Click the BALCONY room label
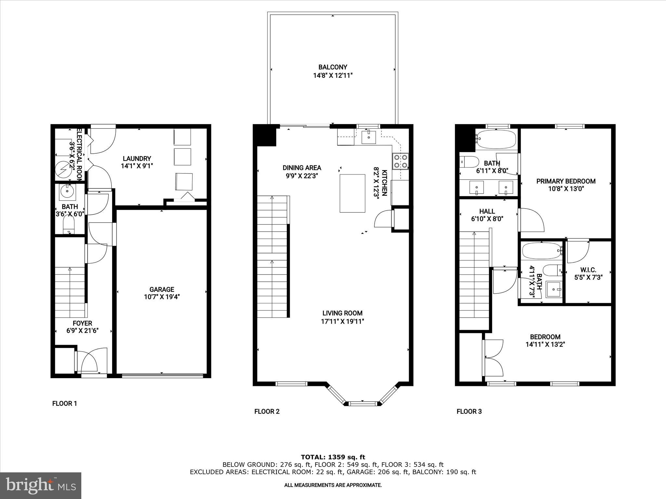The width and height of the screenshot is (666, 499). pyautogui.click(x=332, y=67)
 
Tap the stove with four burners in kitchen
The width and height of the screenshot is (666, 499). pyautogui.click(x=400, y=161)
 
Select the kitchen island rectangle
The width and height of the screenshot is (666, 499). pyautogui.click(x=352, y=193)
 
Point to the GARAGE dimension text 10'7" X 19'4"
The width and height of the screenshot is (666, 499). pyautogui.click(x=162, y=297)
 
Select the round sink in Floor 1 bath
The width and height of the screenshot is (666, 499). pyautogui.click(x=67, y=192)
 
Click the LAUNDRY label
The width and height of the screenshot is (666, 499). pyautogui.click(x=137, y=159)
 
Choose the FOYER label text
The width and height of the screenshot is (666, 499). pyautogui.click(x=82, y=323)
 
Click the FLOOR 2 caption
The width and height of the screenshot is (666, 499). pyautogui.click(x=267, y=412)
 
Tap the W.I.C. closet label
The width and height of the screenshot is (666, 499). pyautogui.click(x=588, y=270)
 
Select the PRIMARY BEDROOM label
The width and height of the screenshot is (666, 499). pyautogui.click(x=566, y=181)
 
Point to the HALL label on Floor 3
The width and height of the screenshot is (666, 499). pyautogui.click(x=487, y=211)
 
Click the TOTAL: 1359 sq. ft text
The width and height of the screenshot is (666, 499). pyautogui.click(x=333, y=457)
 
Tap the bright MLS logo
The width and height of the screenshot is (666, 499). pyautogui.click(x=41, y=485)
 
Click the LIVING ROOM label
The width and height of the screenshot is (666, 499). pyautogui.click(x=342, y=313)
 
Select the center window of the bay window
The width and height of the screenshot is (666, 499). pyautogui.click(x=363, y=404)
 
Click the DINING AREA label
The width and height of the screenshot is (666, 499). pyautogui.click(x=301, y=168)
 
